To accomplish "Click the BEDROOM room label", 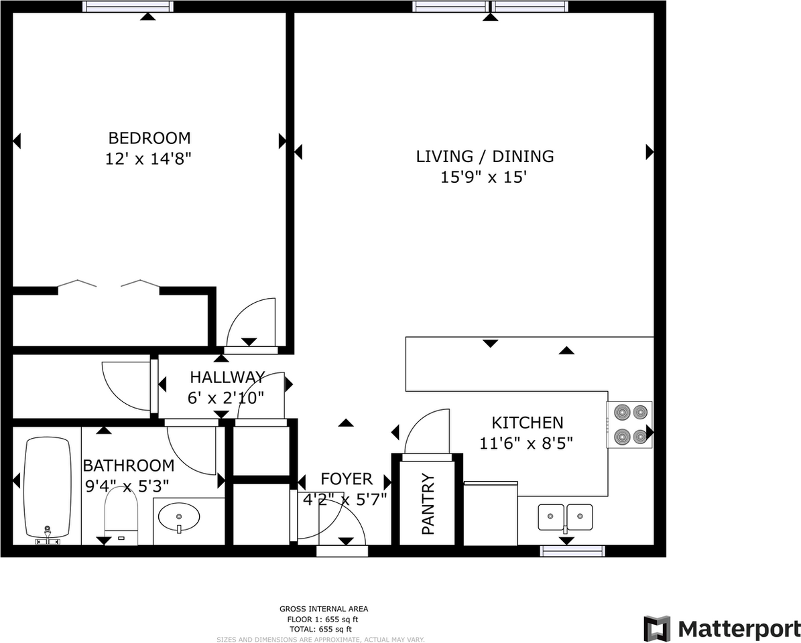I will click(x=149, y=138).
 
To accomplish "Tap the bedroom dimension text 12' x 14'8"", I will click(x=149, y=159).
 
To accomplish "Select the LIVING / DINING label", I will click(x=485, y=156).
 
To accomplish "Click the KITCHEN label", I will click(x=528, y=423).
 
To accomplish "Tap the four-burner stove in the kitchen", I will click(x=629, y=425).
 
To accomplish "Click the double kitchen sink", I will click(x=565, y=516).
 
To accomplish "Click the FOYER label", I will click(x=347, y=479).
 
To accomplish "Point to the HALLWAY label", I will click(x=227, y=376).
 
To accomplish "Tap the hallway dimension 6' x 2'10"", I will click(x=226, y=397).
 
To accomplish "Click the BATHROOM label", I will click(x=128, y=465).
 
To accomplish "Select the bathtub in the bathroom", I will click(x=47, y=488).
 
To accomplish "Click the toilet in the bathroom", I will click(x=121, y=516).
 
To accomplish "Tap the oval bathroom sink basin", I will click(x=179, y=516).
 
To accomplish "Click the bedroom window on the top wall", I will click(x=128, y=7).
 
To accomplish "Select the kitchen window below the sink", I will click(x=572, y=551).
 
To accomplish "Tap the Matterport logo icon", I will click(x=657, y=628).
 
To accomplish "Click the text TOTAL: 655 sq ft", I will click(x=324, y=630).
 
